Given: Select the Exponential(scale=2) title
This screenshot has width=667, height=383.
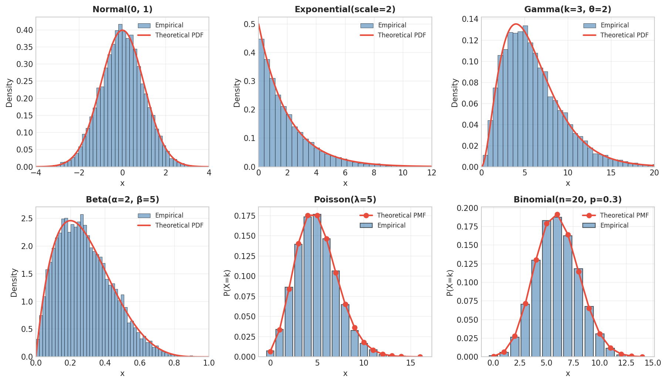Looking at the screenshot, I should click(345, 10).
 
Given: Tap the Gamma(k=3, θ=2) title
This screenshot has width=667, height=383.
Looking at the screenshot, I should click(568, 10).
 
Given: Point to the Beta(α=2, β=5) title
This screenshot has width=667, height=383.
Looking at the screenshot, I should click(122, 200).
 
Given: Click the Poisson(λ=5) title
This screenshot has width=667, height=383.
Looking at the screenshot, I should click(345, 200).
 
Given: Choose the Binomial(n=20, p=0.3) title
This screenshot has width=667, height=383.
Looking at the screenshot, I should click(568, 200).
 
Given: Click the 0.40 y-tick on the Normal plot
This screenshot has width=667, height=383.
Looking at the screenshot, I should click(24, 30).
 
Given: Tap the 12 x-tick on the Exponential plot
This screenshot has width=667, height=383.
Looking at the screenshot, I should click(431, 173).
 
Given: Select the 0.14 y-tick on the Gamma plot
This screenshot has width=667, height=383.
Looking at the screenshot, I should click(470, 19).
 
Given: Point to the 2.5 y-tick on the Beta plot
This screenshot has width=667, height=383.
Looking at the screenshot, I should click(27, 219).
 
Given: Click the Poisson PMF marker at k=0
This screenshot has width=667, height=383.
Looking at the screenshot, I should click(271, 352).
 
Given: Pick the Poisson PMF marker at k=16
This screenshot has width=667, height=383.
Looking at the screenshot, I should click(420, 357).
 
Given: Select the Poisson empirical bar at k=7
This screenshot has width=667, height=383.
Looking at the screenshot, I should click(336, 315).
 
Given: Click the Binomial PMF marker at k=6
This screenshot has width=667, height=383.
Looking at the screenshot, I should click(557, 215).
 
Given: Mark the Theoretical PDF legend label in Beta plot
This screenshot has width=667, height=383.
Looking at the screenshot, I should click(179, 225).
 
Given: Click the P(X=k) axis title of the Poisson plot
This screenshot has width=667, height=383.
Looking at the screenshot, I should click(227, 283).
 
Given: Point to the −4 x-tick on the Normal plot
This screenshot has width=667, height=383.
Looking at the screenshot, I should click(36, 173).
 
